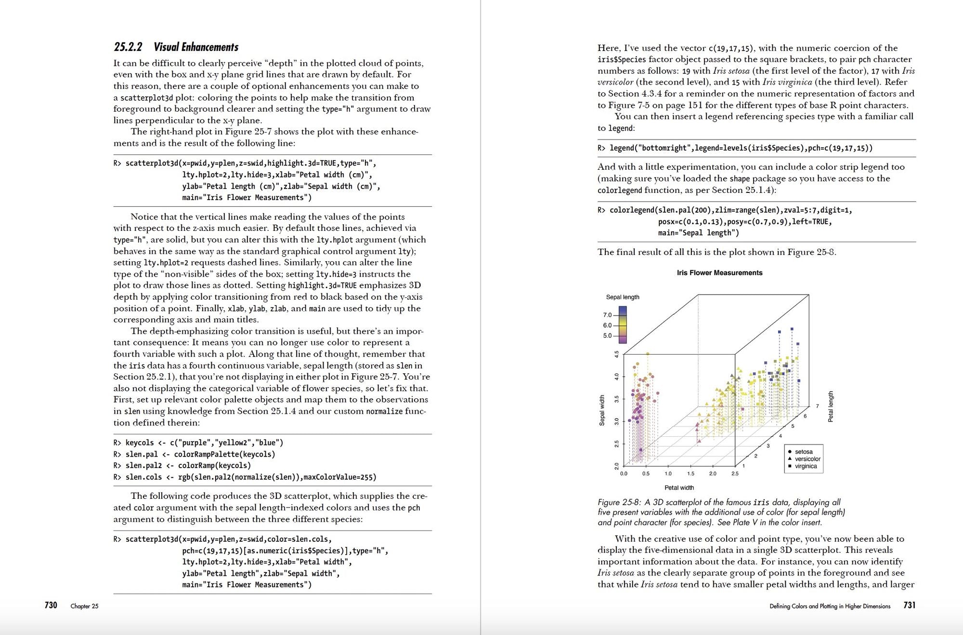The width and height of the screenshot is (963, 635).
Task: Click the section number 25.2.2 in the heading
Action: (128, 47)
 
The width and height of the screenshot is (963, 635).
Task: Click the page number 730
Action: (51, 605)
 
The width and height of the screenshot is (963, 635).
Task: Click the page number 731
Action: (909, 605)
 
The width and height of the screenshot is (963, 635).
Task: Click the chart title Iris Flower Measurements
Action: (719, 273)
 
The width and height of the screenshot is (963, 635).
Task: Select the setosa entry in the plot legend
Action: (804, 452)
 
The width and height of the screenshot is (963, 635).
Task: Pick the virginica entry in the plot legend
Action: (806, 466)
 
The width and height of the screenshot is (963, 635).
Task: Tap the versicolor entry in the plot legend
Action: (807, 459)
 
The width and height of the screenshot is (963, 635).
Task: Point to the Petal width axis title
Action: (679, 488)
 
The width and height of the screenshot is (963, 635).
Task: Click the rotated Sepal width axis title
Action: (602, 410)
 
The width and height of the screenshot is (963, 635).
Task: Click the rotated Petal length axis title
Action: (831, 406)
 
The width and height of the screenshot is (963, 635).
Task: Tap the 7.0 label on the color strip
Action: (607, 315)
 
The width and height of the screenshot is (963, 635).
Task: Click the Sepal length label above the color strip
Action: (623, 297)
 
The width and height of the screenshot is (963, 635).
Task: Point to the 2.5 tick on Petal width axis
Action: (735, 474)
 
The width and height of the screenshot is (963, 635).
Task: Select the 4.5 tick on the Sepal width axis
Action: (616, 354)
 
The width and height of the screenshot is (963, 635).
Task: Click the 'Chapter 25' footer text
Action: (84, 606)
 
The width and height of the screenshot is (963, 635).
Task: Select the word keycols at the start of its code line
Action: (140, 443)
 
